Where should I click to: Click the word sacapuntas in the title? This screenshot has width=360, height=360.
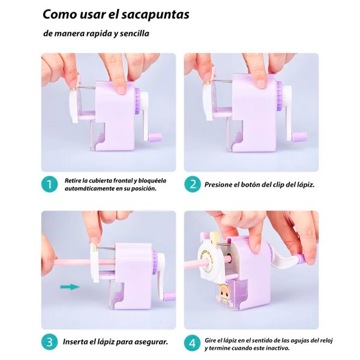(x=154, y=14)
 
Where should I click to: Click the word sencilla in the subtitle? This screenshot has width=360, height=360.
(x=133, y=34)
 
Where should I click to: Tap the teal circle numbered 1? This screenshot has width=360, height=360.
(x=50, y=184)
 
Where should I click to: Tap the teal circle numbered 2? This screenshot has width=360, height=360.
(x=193, y=184)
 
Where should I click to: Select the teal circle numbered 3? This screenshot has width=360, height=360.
(x=50, y=342)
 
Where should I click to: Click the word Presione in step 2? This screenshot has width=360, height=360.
(x=223, y=185)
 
